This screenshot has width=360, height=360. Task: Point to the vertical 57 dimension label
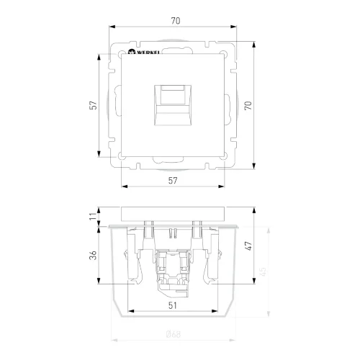click(x=93, y=105)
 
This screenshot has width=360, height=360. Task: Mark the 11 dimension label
click(x=92, y=215)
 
